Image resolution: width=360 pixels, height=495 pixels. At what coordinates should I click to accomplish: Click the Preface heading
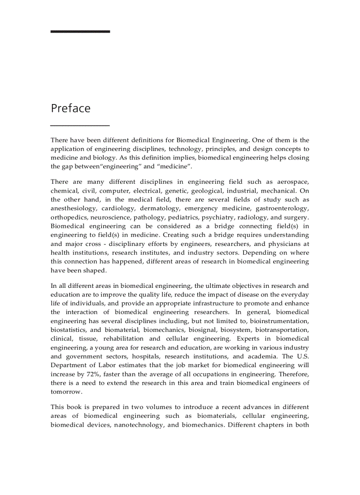click(71, 108)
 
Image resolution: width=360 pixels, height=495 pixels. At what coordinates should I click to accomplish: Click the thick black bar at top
click(80, 32)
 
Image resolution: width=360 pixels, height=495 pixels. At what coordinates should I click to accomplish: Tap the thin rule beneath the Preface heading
click(80, 126)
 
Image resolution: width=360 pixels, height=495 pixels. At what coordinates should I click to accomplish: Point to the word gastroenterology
click(282, 208)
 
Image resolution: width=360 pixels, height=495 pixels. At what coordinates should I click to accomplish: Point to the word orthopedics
click(69, 217)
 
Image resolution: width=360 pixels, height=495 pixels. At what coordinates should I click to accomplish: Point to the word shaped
click(96, 271)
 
